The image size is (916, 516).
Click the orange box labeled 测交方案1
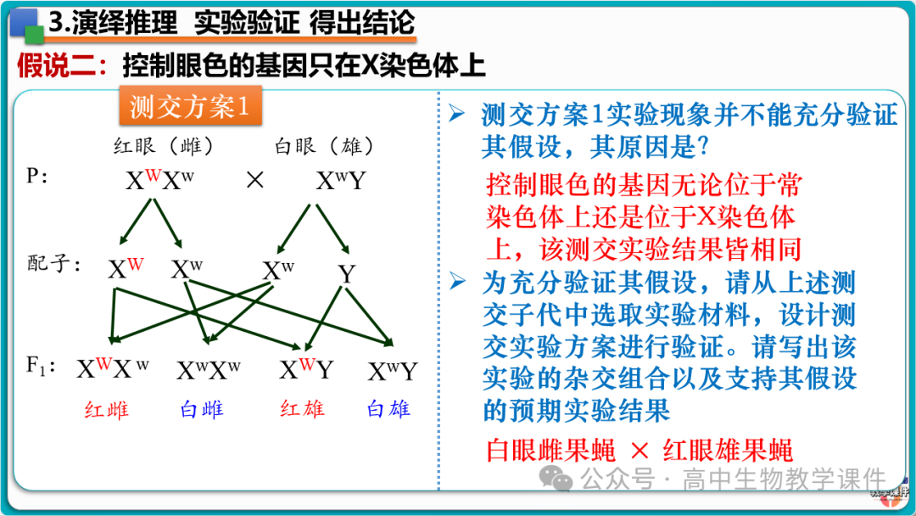click(191, 107)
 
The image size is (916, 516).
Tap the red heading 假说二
click(59, 65)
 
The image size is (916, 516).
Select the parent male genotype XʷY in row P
click(339, 181)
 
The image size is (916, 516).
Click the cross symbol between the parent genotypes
click(254, 181)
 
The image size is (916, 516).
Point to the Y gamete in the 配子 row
click(346, 274)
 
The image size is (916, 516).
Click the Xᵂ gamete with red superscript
click(125, 269)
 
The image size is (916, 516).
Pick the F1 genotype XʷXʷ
click(209, 371)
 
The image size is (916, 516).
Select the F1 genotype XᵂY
click(306, 370)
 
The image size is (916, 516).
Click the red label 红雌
click(107, 411)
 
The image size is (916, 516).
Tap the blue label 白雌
click(202, 411)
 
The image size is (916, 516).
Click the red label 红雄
click(302, 409)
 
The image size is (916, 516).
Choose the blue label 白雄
click(388, 409)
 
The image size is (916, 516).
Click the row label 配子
click(53, 264)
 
